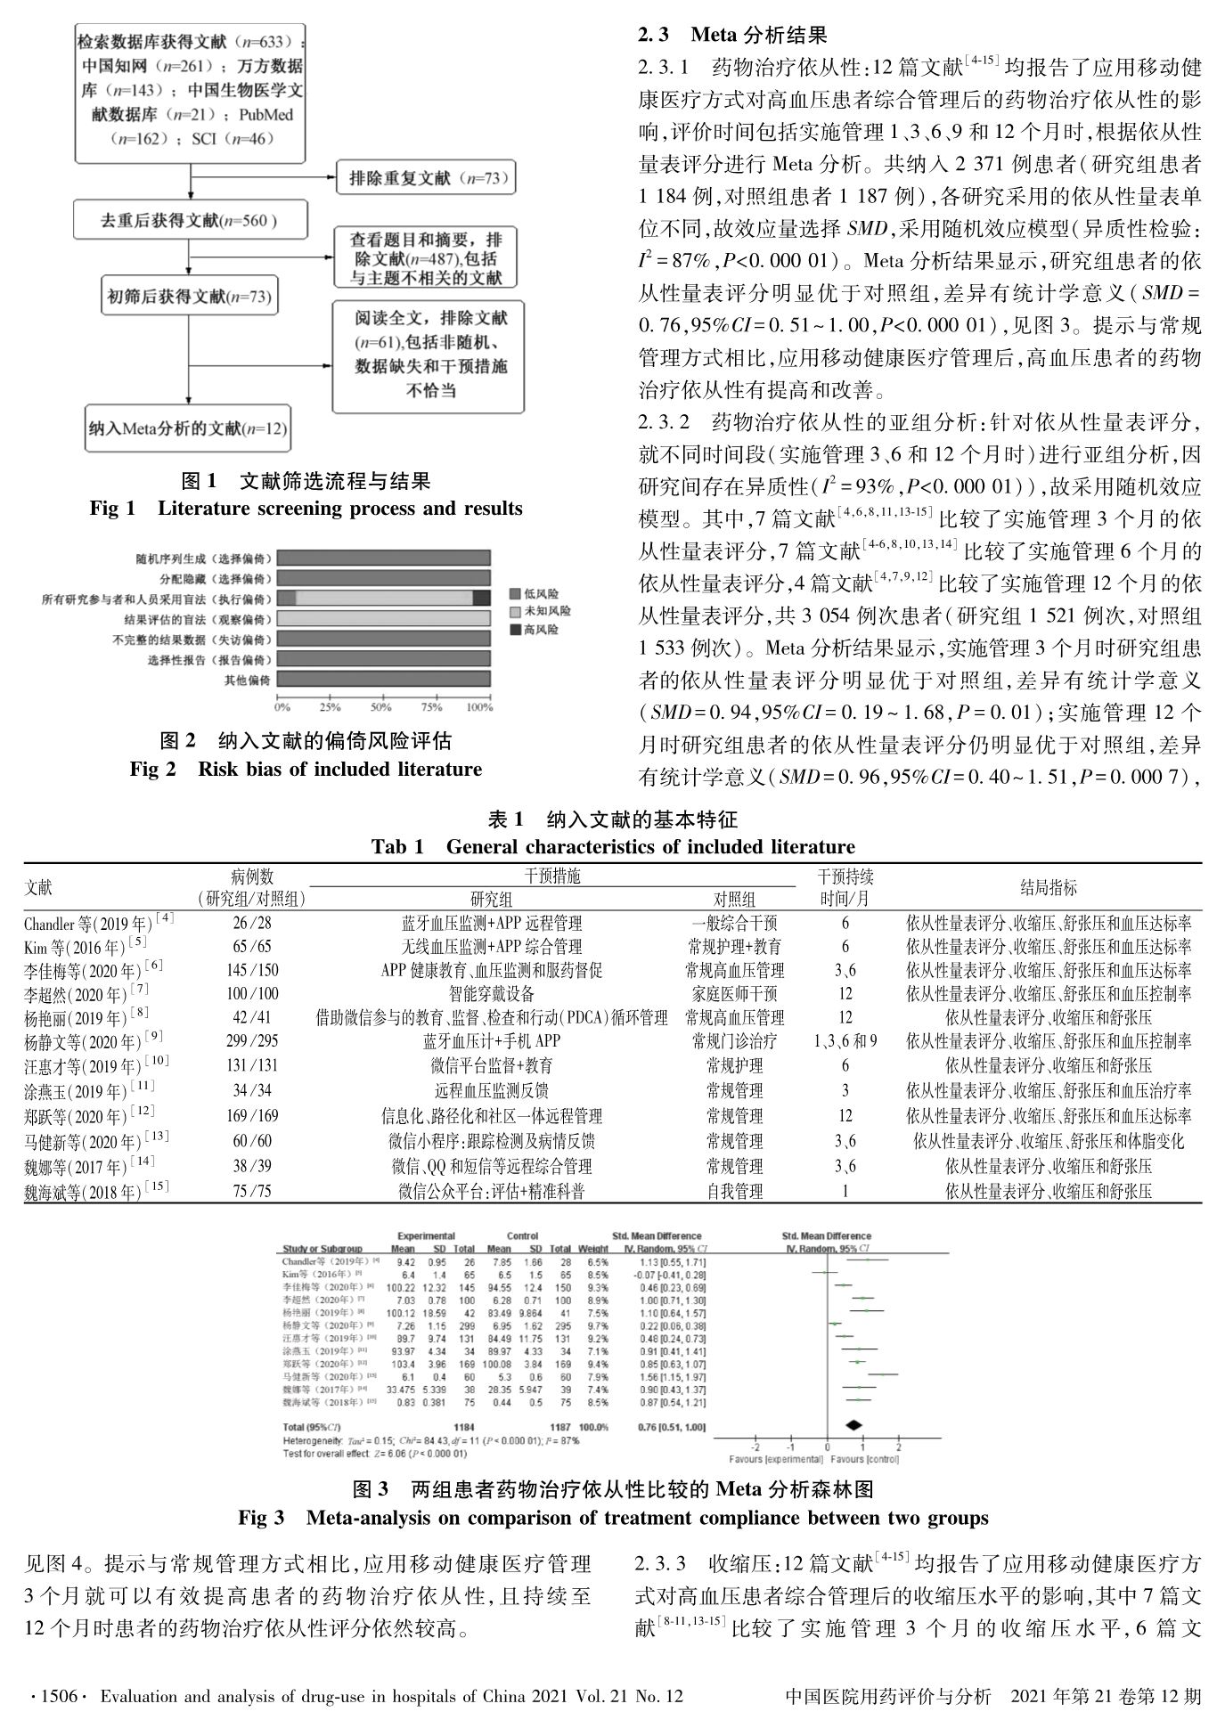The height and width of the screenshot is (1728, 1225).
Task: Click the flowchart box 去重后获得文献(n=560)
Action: (189, 221)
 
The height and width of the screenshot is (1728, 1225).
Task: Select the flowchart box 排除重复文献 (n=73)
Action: (427, 178)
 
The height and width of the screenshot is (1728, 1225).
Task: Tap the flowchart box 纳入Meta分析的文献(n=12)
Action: (188, 428)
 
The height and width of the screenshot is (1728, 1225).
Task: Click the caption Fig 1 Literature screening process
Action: (306, 509)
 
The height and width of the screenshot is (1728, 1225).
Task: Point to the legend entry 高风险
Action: (541, 630)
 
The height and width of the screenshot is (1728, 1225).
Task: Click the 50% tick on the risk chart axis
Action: (380, 707)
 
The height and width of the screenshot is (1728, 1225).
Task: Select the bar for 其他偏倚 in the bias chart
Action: (383, 680)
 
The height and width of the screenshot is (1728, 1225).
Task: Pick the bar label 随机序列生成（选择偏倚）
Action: (203, 558)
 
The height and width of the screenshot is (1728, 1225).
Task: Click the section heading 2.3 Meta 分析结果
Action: (732, 35)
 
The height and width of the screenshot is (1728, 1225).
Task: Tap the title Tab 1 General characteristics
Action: (612, 846)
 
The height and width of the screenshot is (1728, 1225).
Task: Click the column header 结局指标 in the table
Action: (1048, 887)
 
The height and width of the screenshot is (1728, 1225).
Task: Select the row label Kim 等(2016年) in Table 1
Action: (86, 946)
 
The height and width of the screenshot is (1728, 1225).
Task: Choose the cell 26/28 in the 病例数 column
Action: (252, 923)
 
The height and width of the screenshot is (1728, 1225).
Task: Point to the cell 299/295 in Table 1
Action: (252, 1040)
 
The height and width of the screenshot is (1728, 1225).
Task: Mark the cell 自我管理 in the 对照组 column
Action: (734, 1191)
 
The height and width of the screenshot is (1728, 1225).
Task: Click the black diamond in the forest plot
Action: (854, 1426)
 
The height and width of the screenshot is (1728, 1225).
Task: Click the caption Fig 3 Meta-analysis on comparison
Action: (613, 1517)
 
